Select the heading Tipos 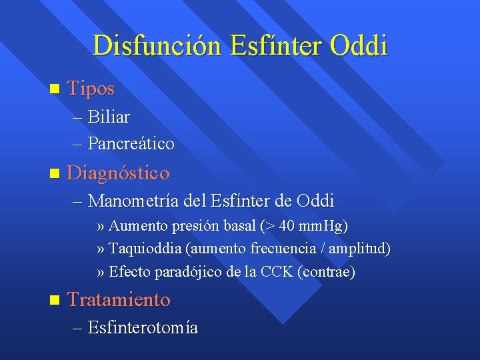[91, 88]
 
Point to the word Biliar [109, 117]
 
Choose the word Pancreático [131, 143]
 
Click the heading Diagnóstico [119, 173]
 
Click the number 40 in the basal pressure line [287, 226]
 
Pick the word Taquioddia [145, 249]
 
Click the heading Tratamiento [119, 299]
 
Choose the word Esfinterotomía [143, 328]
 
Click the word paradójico [188, 272]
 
